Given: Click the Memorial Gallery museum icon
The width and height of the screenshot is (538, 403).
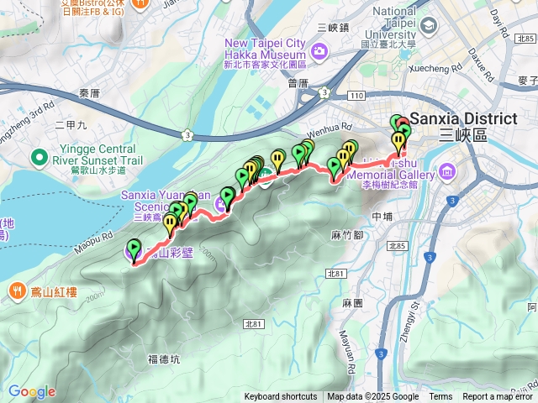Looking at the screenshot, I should tap(448, 175).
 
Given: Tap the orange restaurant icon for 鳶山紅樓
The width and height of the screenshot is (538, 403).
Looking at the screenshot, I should tap(17, 291).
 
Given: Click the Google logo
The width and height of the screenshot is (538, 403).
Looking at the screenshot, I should tap(31, 391).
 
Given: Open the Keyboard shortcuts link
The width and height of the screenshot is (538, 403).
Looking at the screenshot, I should tap(281, 397).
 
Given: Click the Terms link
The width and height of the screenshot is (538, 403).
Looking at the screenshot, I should tap(440, 397).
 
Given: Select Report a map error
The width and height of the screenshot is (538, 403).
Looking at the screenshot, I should tap(498, 397).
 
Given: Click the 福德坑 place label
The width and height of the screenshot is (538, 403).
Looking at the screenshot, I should tap(164, 359).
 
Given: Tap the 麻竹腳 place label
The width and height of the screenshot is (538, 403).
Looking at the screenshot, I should tap(347, 234).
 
